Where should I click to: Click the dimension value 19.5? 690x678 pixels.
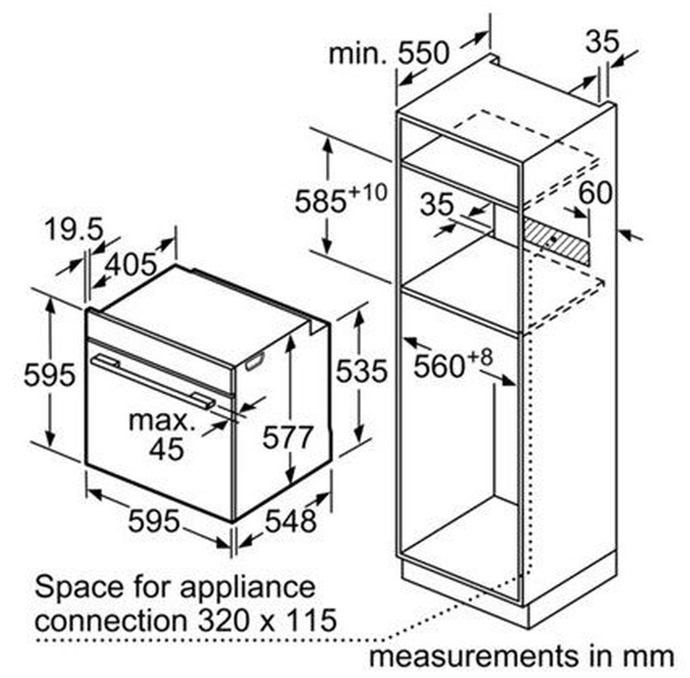[x=74, y=230]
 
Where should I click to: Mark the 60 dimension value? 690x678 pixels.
[x=595, y=193]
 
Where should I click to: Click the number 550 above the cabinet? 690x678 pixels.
[x=423, y=53]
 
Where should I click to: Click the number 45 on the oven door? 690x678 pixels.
[x=166, y=449]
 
